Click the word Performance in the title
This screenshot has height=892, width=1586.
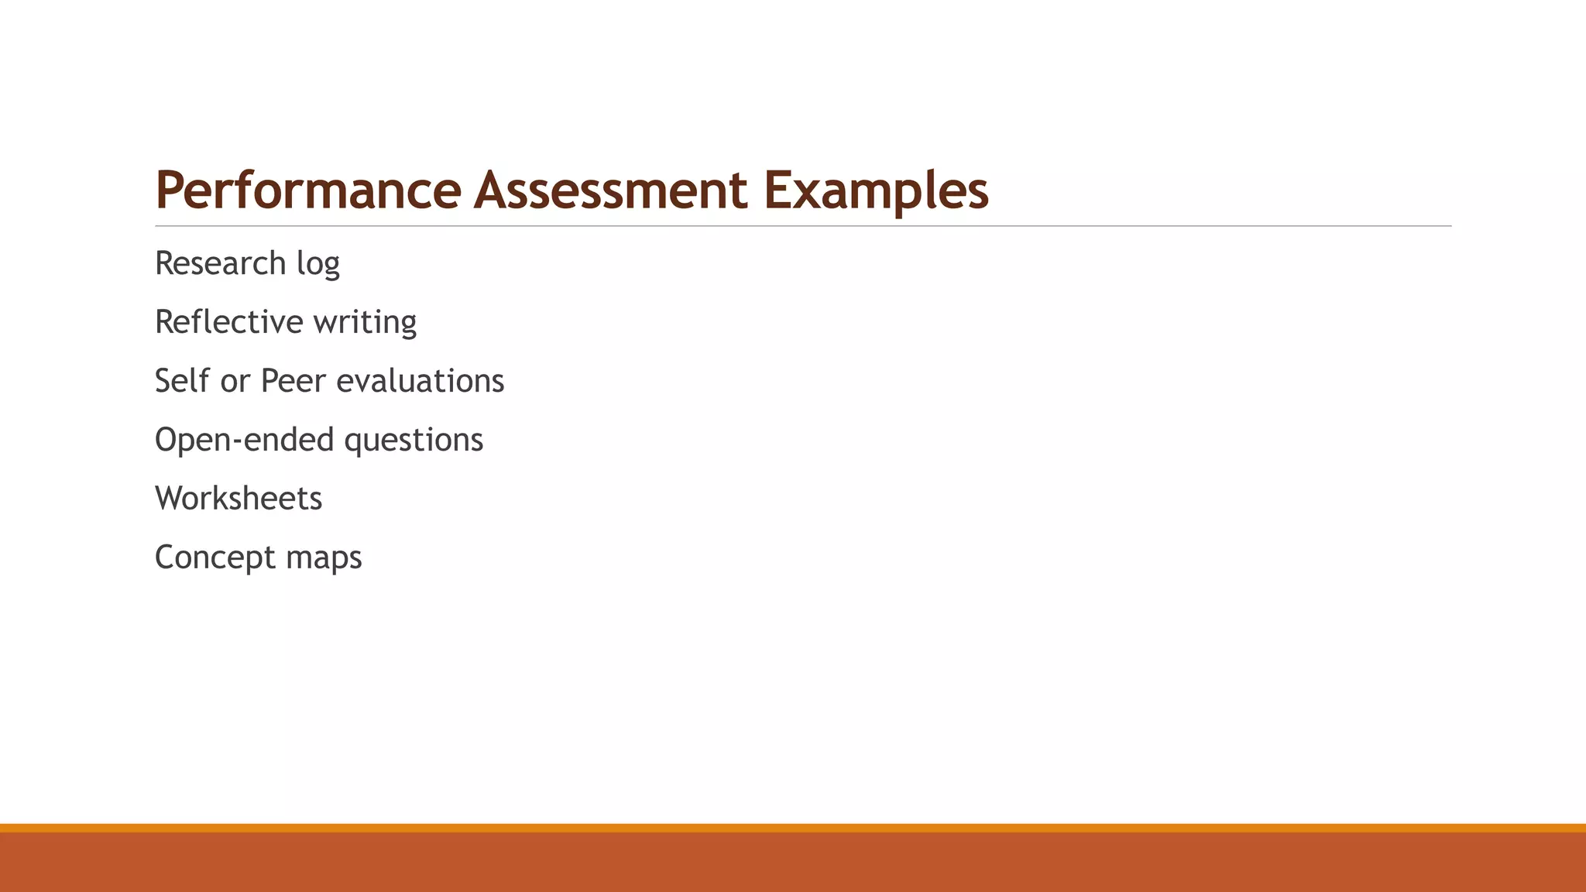click(308, 190)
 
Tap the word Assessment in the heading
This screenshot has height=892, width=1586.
click(611, 190)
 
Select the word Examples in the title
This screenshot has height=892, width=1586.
click(876, 190)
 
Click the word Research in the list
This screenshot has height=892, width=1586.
click(221, 263)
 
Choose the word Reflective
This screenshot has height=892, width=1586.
click(229, 322)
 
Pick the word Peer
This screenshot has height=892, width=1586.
click(294, 381)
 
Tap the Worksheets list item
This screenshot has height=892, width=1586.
click(239, 499)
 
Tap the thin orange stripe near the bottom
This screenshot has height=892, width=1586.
click(793, 828)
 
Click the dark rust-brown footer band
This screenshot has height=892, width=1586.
click(793, 863)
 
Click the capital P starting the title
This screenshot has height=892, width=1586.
click(168, 190)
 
